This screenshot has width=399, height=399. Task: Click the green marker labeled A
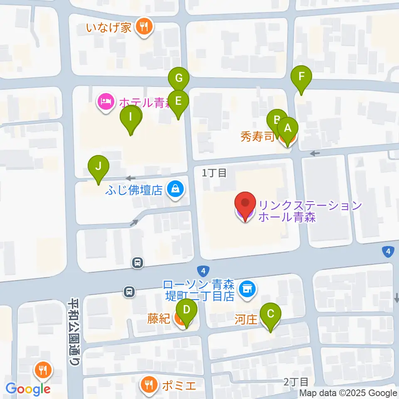[287, 129]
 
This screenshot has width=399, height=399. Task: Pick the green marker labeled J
[99, 167]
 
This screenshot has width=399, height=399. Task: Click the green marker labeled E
[178, 101]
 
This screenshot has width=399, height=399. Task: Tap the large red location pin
[245, 204]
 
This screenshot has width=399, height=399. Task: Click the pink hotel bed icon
[106, 101]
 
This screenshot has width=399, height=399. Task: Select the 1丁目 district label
[214, 173]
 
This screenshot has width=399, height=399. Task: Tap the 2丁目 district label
[296, 381]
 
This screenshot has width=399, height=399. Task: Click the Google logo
[28, 389]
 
